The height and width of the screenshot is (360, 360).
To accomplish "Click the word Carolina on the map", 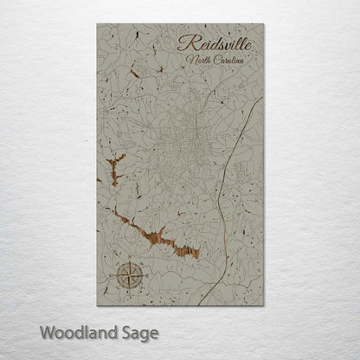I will click(228, 60).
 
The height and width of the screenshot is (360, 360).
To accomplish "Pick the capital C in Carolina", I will click(212, 60).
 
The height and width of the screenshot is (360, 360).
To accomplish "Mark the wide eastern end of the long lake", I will click(190, 250).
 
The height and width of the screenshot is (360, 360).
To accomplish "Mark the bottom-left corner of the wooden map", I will click(98, 305).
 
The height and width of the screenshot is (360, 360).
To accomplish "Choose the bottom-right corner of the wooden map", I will click(265, 305).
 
